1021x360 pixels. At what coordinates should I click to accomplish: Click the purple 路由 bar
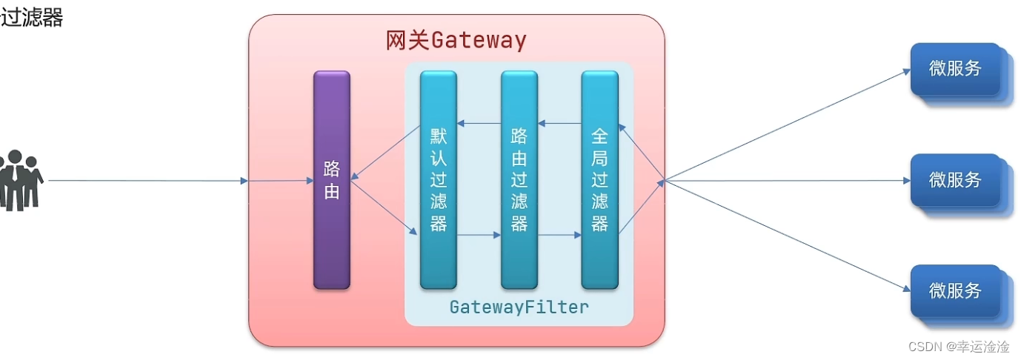click(331, 179)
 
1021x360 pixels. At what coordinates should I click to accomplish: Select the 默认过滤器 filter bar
click(438, 179)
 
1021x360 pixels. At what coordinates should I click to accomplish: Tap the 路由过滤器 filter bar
click(519, 179)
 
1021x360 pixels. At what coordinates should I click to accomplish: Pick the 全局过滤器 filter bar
click(599, 179)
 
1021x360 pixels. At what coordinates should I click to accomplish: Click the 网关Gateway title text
click(456, 40)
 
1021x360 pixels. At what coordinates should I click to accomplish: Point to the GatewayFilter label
click(519, 307)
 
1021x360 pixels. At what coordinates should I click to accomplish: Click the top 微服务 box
click(956, 69)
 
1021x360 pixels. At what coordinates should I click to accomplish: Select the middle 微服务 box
click(956, 179)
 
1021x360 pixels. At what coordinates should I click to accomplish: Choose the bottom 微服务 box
click(956, 290)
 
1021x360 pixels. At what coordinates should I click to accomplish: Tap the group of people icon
click(21, 179)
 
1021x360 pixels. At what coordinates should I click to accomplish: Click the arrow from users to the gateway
click(148, 180)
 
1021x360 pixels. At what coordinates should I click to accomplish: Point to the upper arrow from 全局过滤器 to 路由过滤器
click(559, 123)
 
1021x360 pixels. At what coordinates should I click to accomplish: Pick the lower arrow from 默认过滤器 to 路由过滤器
click(479, 236)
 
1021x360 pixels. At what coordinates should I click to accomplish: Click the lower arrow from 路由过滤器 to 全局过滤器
click(559, 236)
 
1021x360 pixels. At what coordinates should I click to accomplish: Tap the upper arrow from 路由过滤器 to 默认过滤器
click(479, 123)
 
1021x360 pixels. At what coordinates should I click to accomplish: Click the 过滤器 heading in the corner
click(31, 18)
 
